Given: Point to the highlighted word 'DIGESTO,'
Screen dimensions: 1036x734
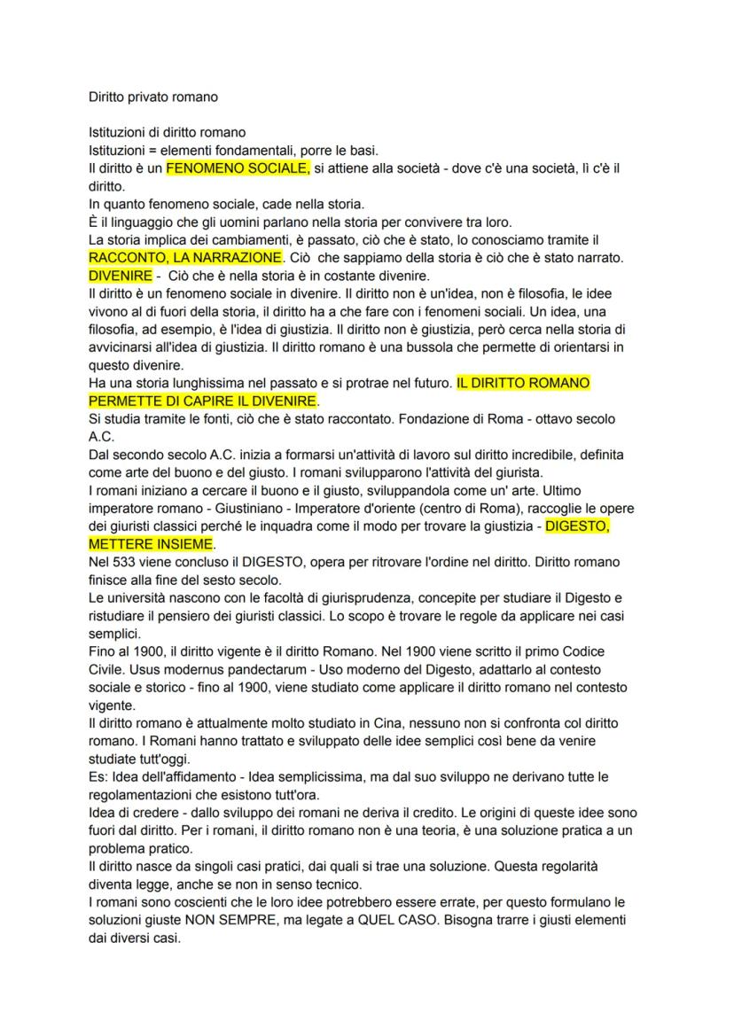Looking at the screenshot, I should (577, 526).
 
